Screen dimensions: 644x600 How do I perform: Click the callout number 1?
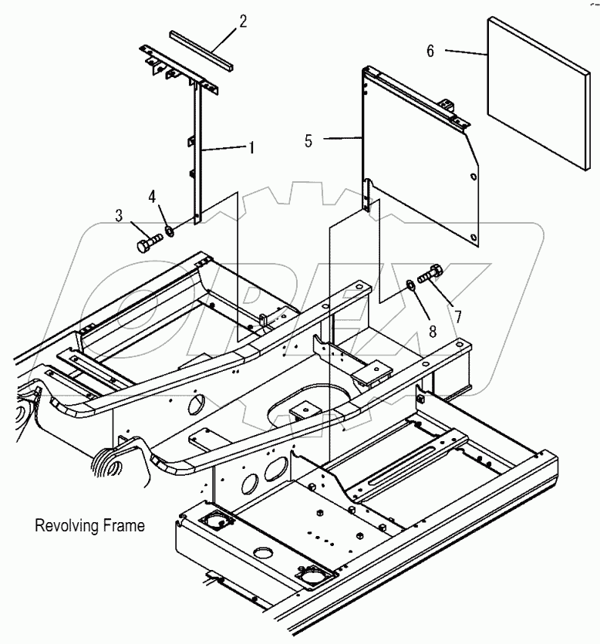click(251, 146)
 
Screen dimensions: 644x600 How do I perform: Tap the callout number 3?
click(120, 217)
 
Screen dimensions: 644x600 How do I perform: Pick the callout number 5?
click(308, 141)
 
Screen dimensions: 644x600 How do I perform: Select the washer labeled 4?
click(169, 231)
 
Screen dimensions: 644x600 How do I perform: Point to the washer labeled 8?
click(412, 286)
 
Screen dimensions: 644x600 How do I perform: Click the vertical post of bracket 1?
click(197, 154)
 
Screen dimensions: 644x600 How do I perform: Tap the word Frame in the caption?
click(123, 527)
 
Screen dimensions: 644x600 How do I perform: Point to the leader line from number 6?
click(463, 53)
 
